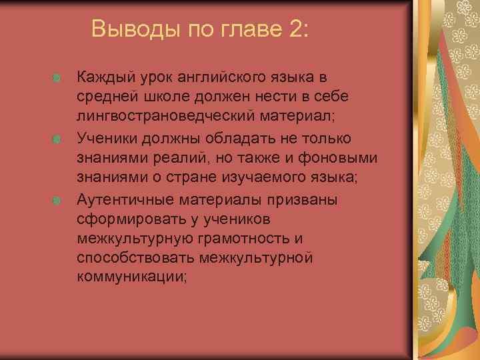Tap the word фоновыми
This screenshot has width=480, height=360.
pyautogui.click(x=339, y=159)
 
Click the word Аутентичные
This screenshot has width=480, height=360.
pyautogui.click(x=127, y=199)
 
